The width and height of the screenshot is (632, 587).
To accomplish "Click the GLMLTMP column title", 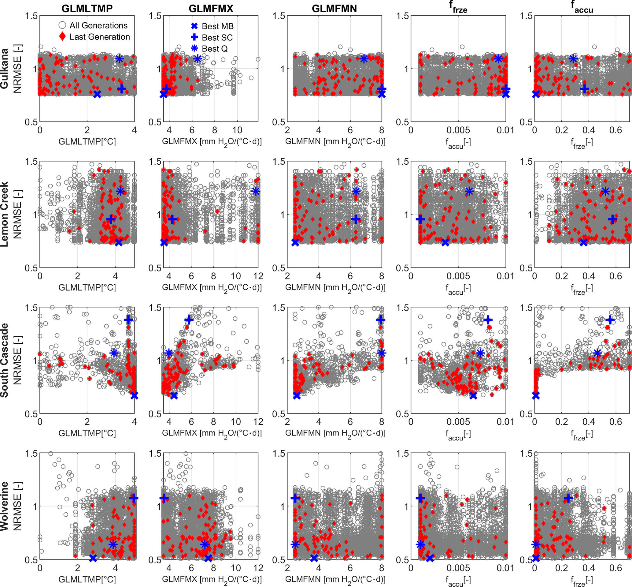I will (x=87, y=9).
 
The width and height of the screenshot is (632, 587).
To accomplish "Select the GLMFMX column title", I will (x=211, y=9).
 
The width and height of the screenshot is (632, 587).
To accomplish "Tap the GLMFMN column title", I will (x=334, y=9).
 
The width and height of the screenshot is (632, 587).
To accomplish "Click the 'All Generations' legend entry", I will (x=98, y=25).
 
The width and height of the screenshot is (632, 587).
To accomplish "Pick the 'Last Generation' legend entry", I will (x=100, y=37).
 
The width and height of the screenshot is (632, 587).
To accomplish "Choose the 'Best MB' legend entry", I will (x=217, y=26).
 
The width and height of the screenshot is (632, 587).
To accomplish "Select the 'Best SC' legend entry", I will (x=217, y=37).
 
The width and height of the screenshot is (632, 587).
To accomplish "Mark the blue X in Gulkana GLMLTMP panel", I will (x=97, y=94).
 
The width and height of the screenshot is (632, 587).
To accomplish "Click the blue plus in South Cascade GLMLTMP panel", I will (x=128, y=320).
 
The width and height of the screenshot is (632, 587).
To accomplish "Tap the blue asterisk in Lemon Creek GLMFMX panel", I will (x=256, y=191).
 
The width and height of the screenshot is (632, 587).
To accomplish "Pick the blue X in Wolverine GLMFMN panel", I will (x=314, y=558).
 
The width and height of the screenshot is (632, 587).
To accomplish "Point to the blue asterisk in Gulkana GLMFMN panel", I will (x=364, y=59).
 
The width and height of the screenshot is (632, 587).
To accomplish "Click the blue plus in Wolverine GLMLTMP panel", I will (x=134, y=498).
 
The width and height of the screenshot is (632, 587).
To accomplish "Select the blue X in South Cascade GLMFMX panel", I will (x=174, y=395).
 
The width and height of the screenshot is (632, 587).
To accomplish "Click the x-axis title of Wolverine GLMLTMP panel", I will (x=87, y=579).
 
